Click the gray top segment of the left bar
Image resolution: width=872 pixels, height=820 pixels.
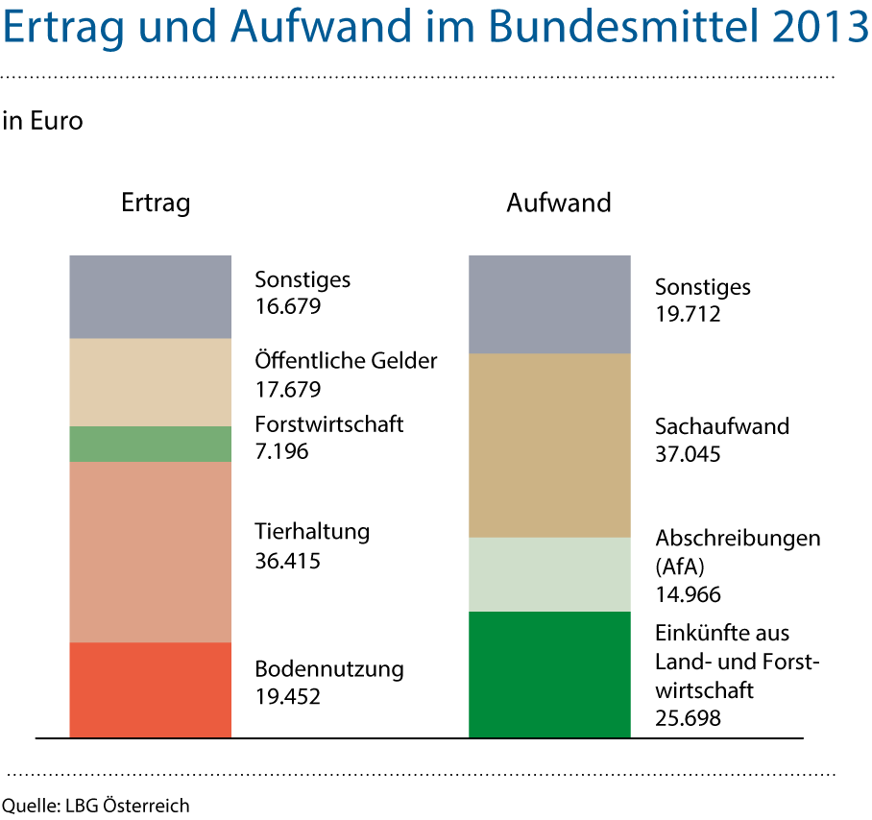coord(150,297)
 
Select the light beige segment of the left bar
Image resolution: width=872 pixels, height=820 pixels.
coord(150,382)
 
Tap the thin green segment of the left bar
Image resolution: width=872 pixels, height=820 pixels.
coord(150,444)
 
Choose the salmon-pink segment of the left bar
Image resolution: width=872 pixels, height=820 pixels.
coord(150,552)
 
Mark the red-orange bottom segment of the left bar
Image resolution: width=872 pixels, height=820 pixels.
coord(150,689)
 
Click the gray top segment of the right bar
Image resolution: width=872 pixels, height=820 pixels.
coord(549,304)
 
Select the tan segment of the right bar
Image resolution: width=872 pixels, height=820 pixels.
coord(549,445)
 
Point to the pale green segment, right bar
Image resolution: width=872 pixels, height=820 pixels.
coord(549,574)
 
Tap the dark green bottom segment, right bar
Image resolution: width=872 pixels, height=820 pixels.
coord(549,674)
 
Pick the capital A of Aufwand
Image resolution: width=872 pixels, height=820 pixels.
coord(246,29)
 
